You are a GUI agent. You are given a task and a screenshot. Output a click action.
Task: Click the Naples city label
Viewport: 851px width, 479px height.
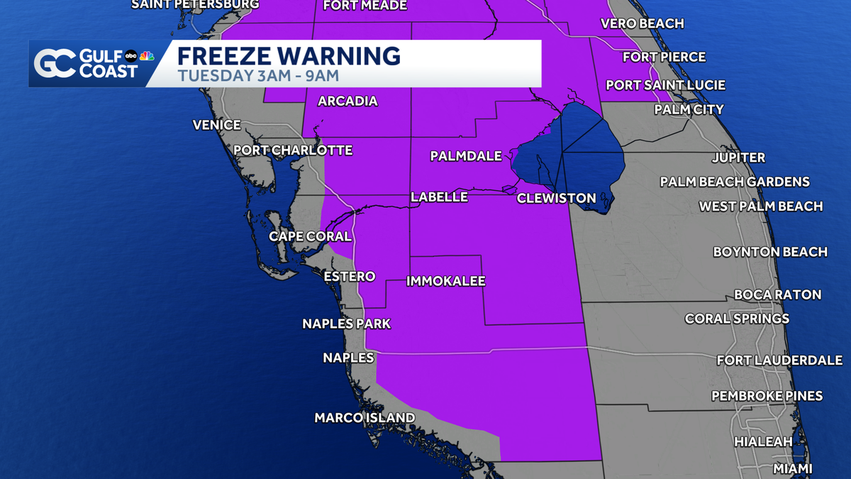[348, 358]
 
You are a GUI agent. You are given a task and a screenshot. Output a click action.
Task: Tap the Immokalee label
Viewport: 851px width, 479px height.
[445, 282]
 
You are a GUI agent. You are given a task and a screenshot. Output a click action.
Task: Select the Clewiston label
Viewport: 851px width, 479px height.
[556, 198]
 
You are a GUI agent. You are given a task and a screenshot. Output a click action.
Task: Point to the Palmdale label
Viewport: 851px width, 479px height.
[466, 156]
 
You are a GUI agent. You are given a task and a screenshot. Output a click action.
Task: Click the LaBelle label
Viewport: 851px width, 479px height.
[440, 197]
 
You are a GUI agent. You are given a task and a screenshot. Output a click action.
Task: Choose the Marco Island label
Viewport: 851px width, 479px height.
[365, 418]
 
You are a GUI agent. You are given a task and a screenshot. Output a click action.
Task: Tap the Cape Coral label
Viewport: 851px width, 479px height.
[310, 236]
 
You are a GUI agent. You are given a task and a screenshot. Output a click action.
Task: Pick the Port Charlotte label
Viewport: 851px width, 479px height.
[293, 150]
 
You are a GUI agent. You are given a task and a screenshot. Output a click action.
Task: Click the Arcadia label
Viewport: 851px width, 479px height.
[347, 101]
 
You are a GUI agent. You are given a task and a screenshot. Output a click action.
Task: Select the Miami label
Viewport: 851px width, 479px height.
[793, 468]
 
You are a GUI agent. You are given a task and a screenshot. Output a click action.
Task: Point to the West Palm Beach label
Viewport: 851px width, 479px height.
[761, 207]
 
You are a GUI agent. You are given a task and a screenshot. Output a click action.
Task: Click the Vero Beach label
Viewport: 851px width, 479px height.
[643, 23]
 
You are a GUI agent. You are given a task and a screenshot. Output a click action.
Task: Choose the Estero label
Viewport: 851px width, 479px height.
[349, 276]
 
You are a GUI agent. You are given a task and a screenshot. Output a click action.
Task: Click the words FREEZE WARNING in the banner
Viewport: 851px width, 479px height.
[289, 56]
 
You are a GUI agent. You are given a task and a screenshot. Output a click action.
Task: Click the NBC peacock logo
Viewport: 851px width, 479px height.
[147, 56]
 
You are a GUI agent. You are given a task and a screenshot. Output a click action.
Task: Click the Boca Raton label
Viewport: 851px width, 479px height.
[778, 294]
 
